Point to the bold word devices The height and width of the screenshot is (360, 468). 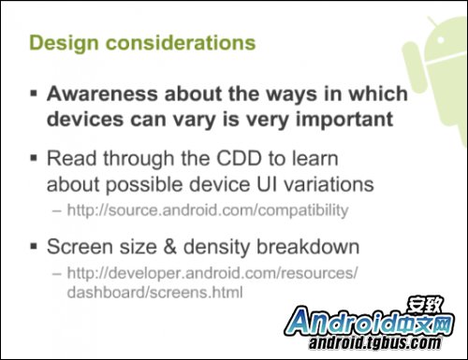click(x=85, y=120)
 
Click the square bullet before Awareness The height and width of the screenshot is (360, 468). click(x=33, y=95)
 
